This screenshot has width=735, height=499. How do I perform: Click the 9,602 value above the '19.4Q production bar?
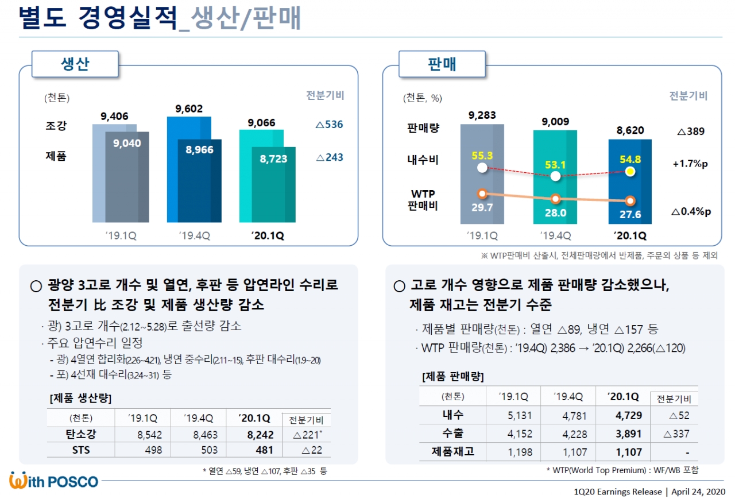189,109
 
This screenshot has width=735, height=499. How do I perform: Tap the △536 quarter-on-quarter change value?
330,124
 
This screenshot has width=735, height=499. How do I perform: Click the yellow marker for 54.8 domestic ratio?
630,171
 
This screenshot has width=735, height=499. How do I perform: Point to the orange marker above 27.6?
630,201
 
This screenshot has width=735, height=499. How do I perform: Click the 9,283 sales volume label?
482,115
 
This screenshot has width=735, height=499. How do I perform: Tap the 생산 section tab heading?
75,64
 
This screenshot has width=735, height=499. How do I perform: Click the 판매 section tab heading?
442,64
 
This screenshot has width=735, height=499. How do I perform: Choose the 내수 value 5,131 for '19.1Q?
520,415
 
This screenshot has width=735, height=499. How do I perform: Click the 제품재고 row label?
453,452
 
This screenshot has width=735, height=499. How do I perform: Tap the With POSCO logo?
54,481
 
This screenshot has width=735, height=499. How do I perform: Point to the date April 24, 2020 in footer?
699,492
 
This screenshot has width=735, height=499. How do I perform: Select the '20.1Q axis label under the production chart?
267,235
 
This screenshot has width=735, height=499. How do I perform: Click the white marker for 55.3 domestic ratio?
482,168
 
